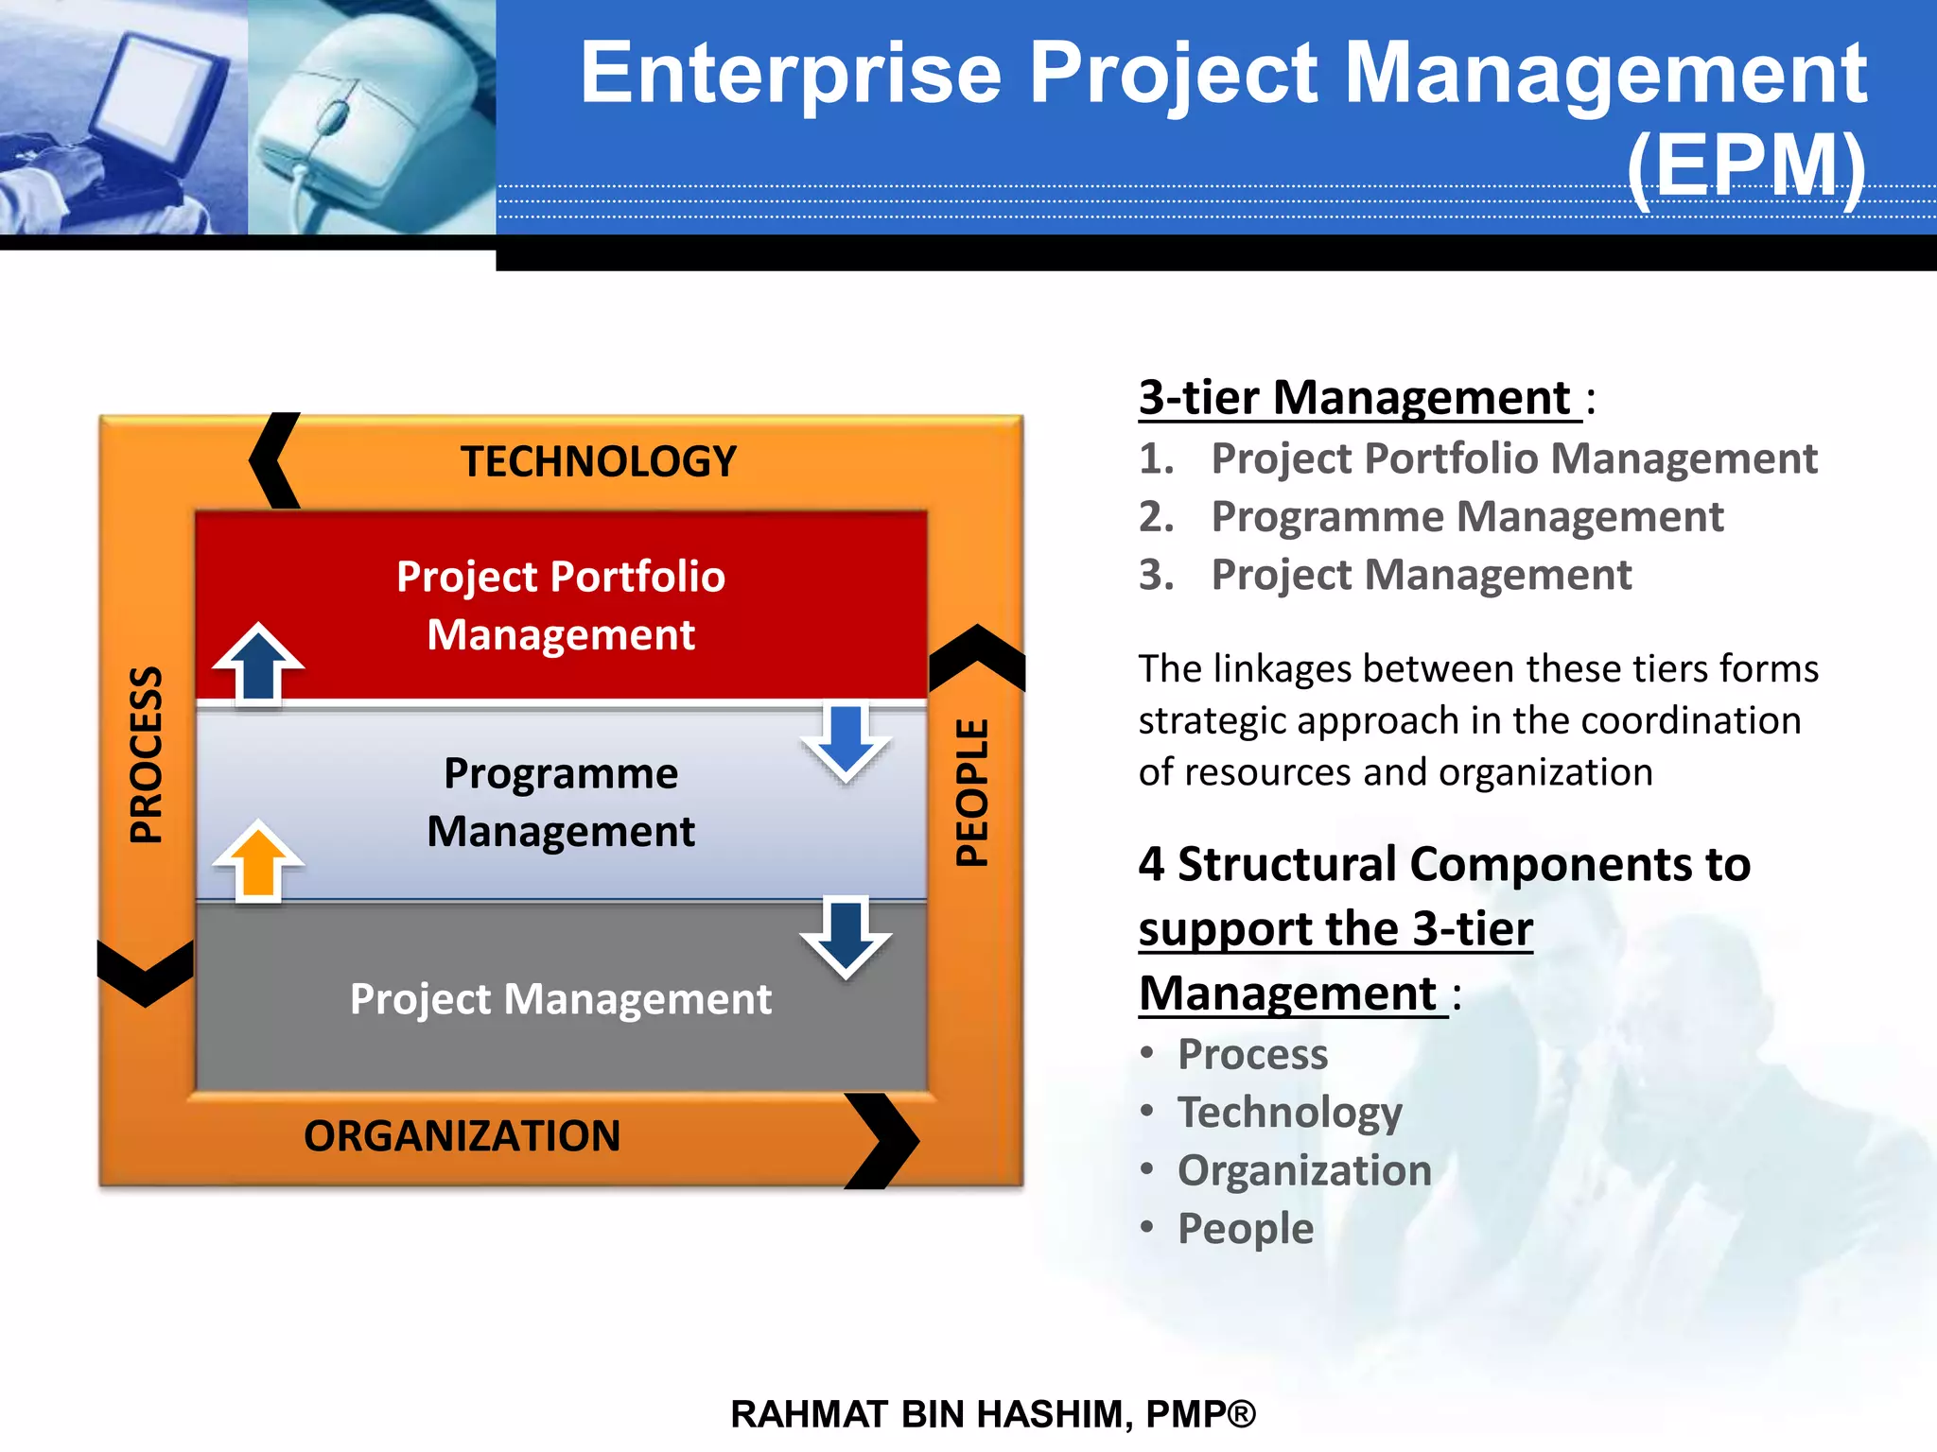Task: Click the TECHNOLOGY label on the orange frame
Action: [598, 462]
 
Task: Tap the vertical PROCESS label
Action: [147, 754]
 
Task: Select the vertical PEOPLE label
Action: [972, 792]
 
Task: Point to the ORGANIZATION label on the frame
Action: [462, 1135]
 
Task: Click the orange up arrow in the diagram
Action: [258, 859]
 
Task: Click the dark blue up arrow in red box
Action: [258, 663]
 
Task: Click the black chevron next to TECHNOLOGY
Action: [273, 460]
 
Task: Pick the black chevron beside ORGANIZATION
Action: [881, 1141]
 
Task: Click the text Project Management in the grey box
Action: [560, 999]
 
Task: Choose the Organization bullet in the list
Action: [1303, 1170]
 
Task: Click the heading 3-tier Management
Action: [1358, 397]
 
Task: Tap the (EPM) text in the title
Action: [1746, 166]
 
